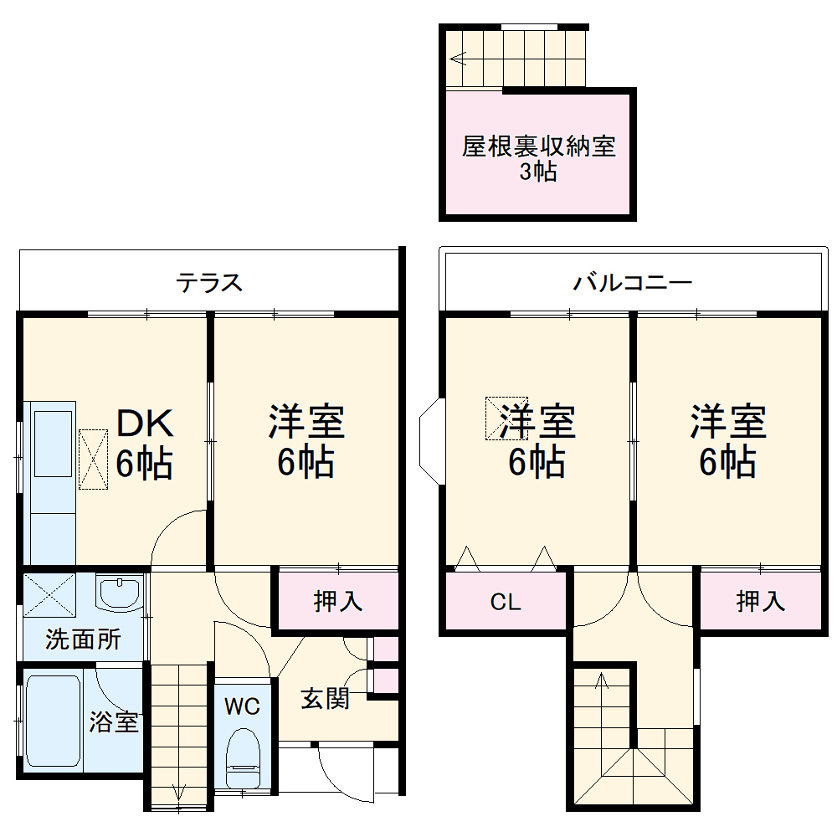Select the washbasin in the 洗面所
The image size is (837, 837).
119,594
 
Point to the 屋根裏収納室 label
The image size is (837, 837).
539,147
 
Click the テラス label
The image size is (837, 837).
209,283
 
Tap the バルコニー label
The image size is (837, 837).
632,283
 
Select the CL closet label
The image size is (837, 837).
506,602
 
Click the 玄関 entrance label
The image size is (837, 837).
325,699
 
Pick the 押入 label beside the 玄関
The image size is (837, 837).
337,601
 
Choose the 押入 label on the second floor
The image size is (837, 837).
760,601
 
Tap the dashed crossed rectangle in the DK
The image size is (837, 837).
93,459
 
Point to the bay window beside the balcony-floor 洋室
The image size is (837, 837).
432,439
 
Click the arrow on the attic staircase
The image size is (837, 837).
457,59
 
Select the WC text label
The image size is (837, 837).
242,706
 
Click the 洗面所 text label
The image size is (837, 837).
83,640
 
